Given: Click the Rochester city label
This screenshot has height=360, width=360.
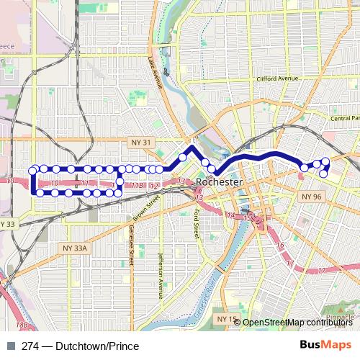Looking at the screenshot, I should tap(220, 183).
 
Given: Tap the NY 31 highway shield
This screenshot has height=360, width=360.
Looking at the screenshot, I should tap(141, 143).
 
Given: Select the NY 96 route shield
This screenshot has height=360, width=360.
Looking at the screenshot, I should tap(311, 196).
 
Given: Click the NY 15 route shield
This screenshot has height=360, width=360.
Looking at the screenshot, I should tap(225, 318).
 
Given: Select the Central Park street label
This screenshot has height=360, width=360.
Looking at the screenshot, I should tap(344, 118).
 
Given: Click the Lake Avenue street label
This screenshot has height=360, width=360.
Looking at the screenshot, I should tap(153, 73).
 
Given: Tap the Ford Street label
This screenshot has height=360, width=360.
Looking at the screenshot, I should tap(196, 224).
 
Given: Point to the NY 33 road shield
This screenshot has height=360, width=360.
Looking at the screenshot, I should tap(7, 225).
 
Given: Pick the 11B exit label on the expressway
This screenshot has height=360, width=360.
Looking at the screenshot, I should tap(137, 186).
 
